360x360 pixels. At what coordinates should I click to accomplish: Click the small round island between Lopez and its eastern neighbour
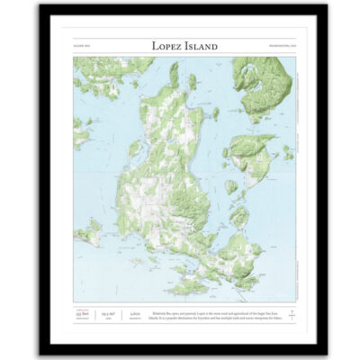231,185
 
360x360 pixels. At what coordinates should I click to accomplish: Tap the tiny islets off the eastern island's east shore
287,152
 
